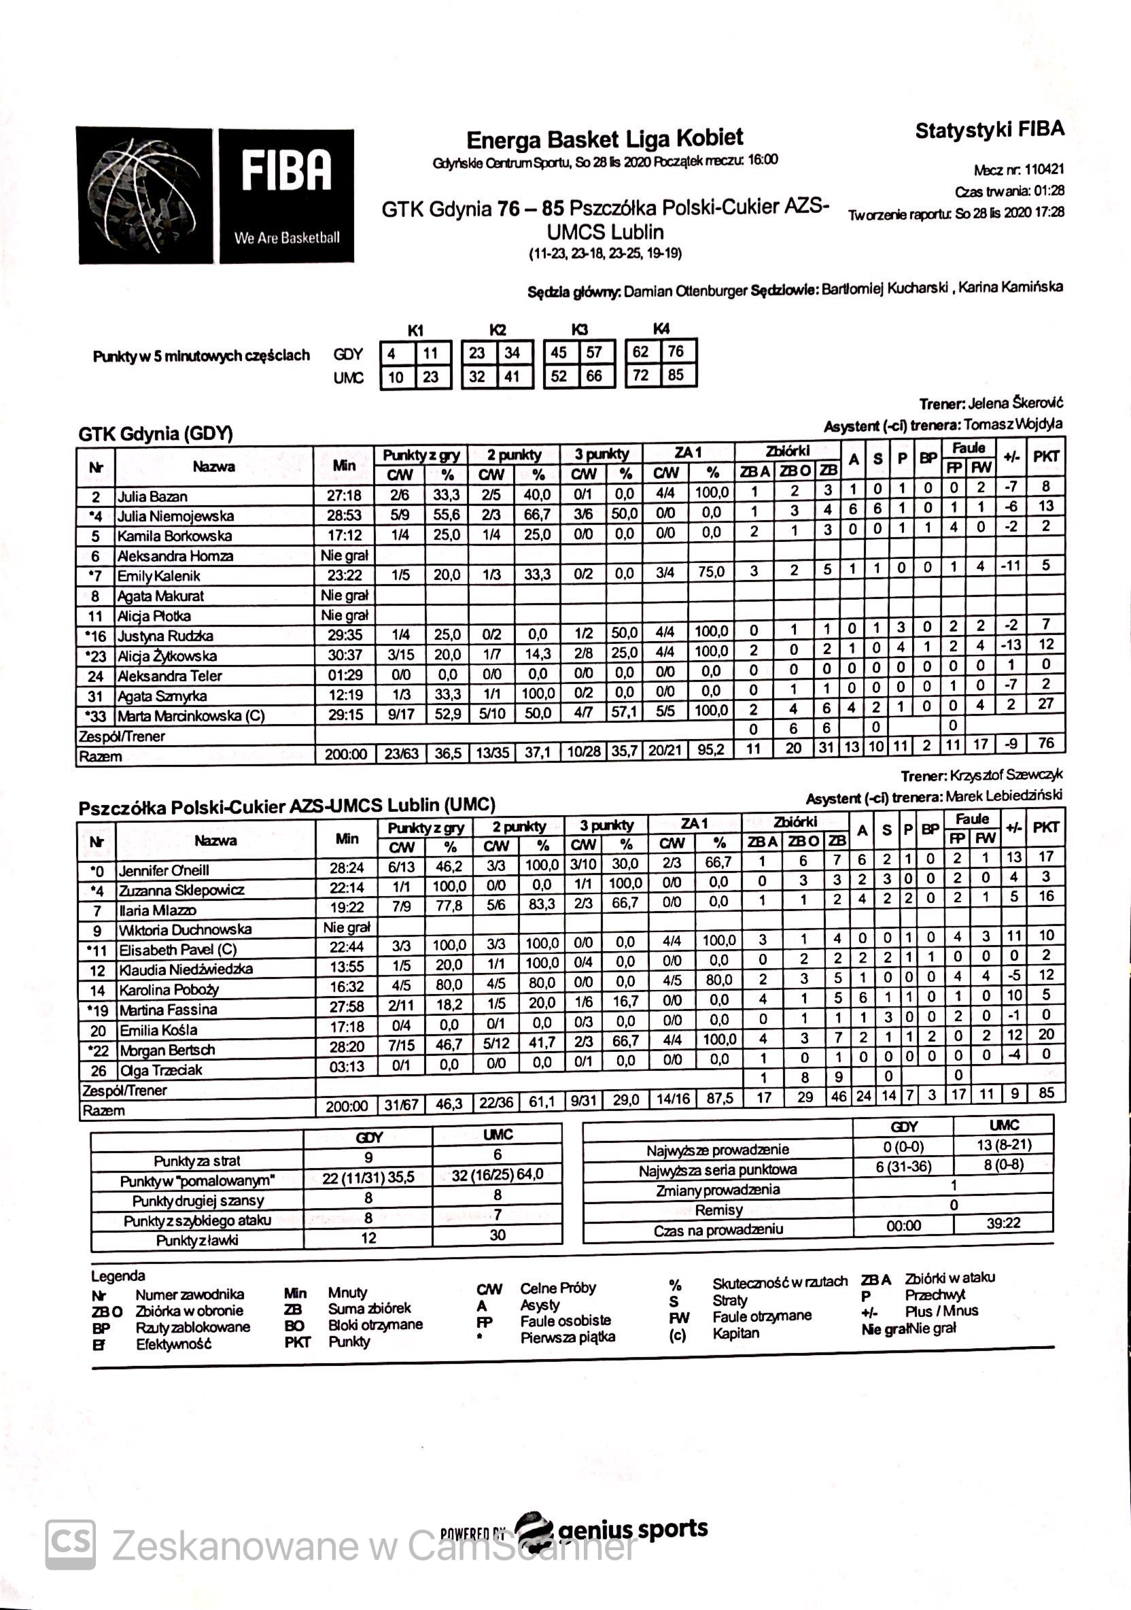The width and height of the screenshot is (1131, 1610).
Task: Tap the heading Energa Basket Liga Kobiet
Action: pos(604,139)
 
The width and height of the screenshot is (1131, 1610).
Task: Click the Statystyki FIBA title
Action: pos(990,130)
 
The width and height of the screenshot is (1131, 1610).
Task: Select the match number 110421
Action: pos(1044,170)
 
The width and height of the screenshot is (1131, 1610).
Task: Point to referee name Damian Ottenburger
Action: pos(685,291)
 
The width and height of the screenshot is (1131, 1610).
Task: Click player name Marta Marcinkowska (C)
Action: pos(191,717)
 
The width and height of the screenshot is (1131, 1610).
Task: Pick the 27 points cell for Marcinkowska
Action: pos(1045,704)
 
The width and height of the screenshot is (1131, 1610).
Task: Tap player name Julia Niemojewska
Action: pos(175,516)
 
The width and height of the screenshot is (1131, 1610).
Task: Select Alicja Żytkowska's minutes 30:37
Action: pos(345,655)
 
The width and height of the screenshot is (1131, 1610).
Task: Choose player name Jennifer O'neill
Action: pos(164,870)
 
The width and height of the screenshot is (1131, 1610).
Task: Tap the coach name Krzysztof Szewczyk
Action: pos(1006,776)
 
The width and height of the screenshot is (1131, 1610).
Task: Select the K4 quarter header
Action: pos(661,329)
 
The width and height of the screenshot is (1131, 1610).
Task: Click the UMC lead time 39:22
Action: pos(1003,1224)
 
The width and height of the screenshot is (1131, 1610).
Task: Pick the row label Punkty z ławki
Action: pos(197,1239)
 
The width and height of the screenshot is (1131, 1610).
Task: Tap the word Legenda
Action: pos(118,1275)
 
